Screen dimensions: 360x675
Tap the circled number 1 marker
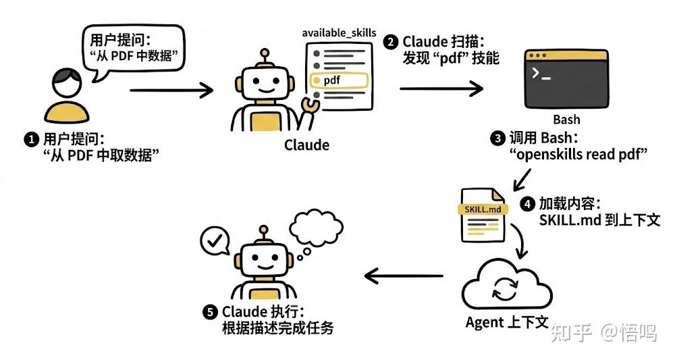(x=30, y=140)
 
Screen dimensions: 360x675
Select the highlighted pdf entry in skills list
(x=337, y=80)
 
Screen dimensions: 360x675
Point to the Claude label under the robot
(x=306, y=145)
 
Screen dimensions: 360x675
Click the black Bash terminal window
(x=566, y=79)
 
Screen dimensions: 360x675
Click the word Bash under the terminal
(x=566, y=120)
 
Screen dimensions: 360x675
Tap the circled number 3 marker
(x=497, y=138)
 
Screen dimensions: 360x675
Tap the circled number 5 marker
(x=210, y=312)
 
